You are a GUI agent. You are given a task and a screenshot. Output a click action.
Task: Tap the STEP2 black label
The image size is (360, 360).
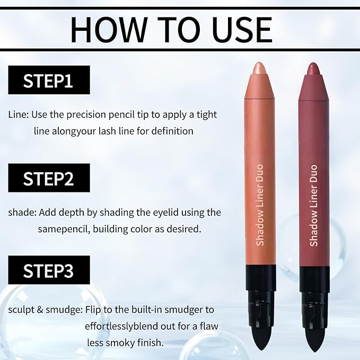point(49,179)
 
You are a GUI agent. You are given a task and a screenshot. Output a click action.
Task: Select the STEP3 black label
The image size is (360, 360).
point(49,270)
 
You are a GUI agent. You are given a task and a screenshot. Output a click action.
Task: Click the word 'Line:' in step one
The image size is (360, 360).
point(19,115)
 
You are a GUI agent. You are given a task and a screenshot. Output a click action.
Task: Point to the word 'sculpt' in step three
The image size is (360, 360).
point(21,309)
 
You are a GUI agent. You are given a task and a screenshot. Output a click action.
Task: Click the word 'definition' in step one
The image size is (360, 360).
point(170,130)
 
